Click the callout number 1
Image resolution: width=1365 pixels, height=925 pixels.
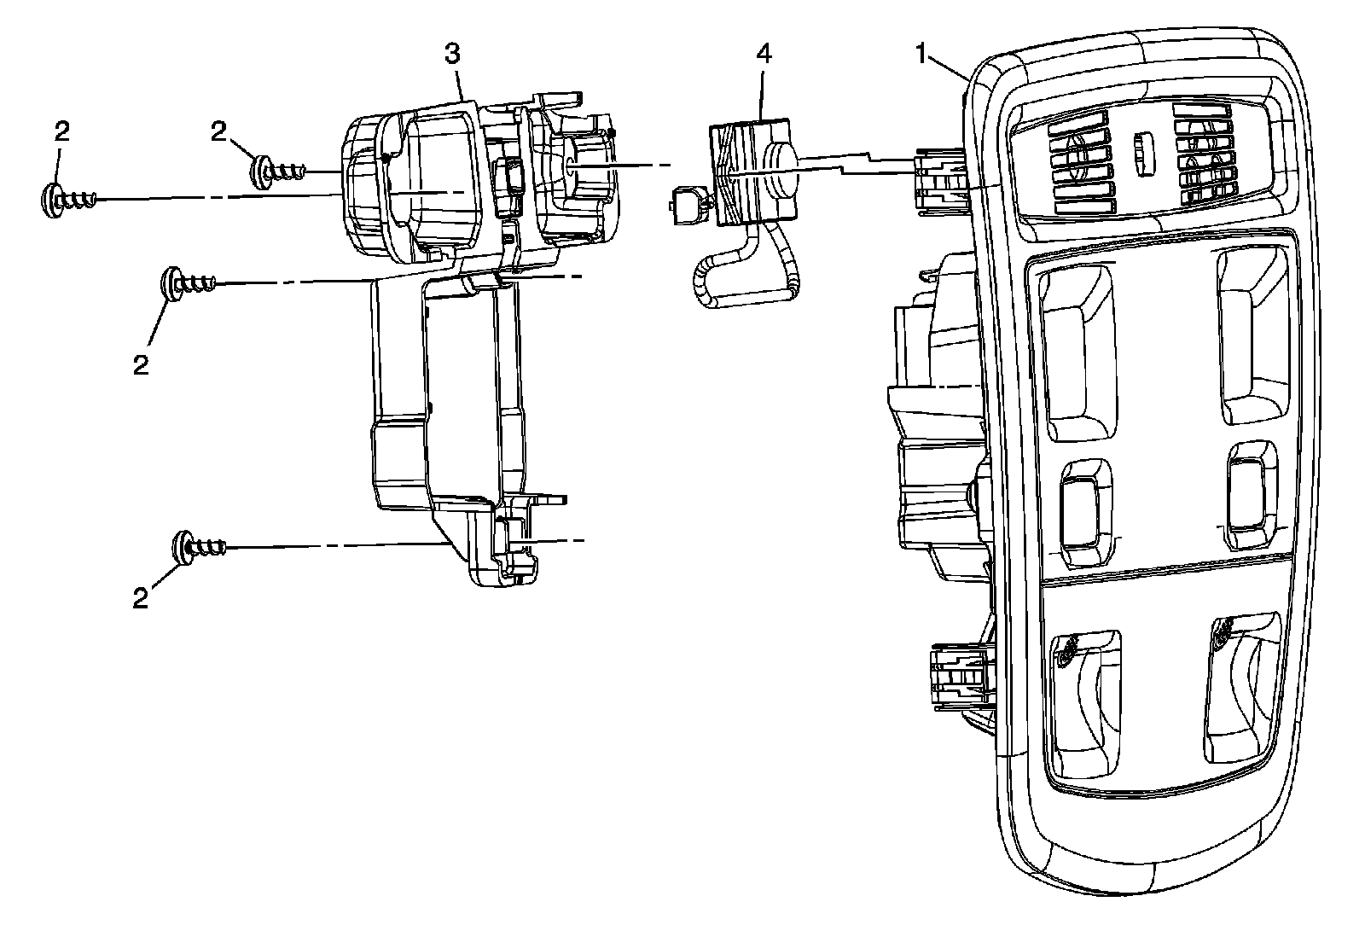tap(921, 54)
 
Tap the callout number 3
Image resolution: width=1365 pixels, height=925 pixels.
tap(452, 54)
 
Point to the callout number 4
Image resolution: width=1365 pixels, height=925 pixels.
tap(764, 54)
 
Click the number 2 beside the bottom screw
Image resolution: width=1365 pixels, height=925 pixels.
tap(141, 598)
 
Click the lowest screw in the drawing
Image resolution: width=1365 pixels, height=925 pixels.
tap(200, 546)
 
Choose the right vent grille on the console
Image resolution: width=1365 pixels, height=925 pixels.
tap(1203, 158)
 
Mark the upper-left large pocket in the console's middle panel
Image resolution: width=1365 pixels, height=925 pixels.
tap(1077, 350)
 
